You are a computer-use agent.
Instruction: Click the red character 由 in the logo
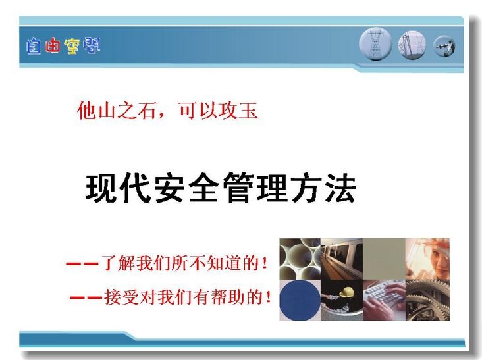(x=52, y=46)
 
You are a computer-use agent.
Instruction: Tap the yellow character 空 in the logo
(x=72, y=47)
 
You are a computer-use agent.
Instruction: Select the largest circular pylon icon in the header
(x=375, y=44)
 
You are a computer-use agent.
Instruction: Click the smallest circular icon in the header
(x=444, y=46)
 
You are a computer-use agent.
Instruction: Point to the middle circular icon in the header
(x=412, y=45)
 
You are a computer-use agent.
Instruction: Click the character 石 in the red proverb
(x=146, y=110)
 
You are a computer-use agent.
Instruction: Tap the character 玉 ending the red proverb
(x=248, y=110)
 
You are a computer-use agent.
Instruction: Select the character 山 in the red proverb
(x=107, y=110)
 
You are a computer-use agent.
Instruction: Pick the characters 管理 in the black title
(x=255, y=188)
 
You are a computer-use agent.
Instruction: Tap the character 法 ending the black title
(x=340, y=188)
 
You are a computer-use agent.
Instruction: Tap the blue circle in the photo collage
(x=300, y=300)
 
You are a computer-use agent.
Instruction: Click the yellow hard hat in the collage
(x=347, y=292)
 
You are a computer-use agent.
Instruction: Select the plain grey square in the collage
(x=385, y=259)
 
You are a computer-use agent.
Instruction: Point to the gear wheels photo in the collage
(x=427, y=300)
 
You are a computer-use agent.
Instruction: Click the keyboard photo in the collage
(x=385, y=300)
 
